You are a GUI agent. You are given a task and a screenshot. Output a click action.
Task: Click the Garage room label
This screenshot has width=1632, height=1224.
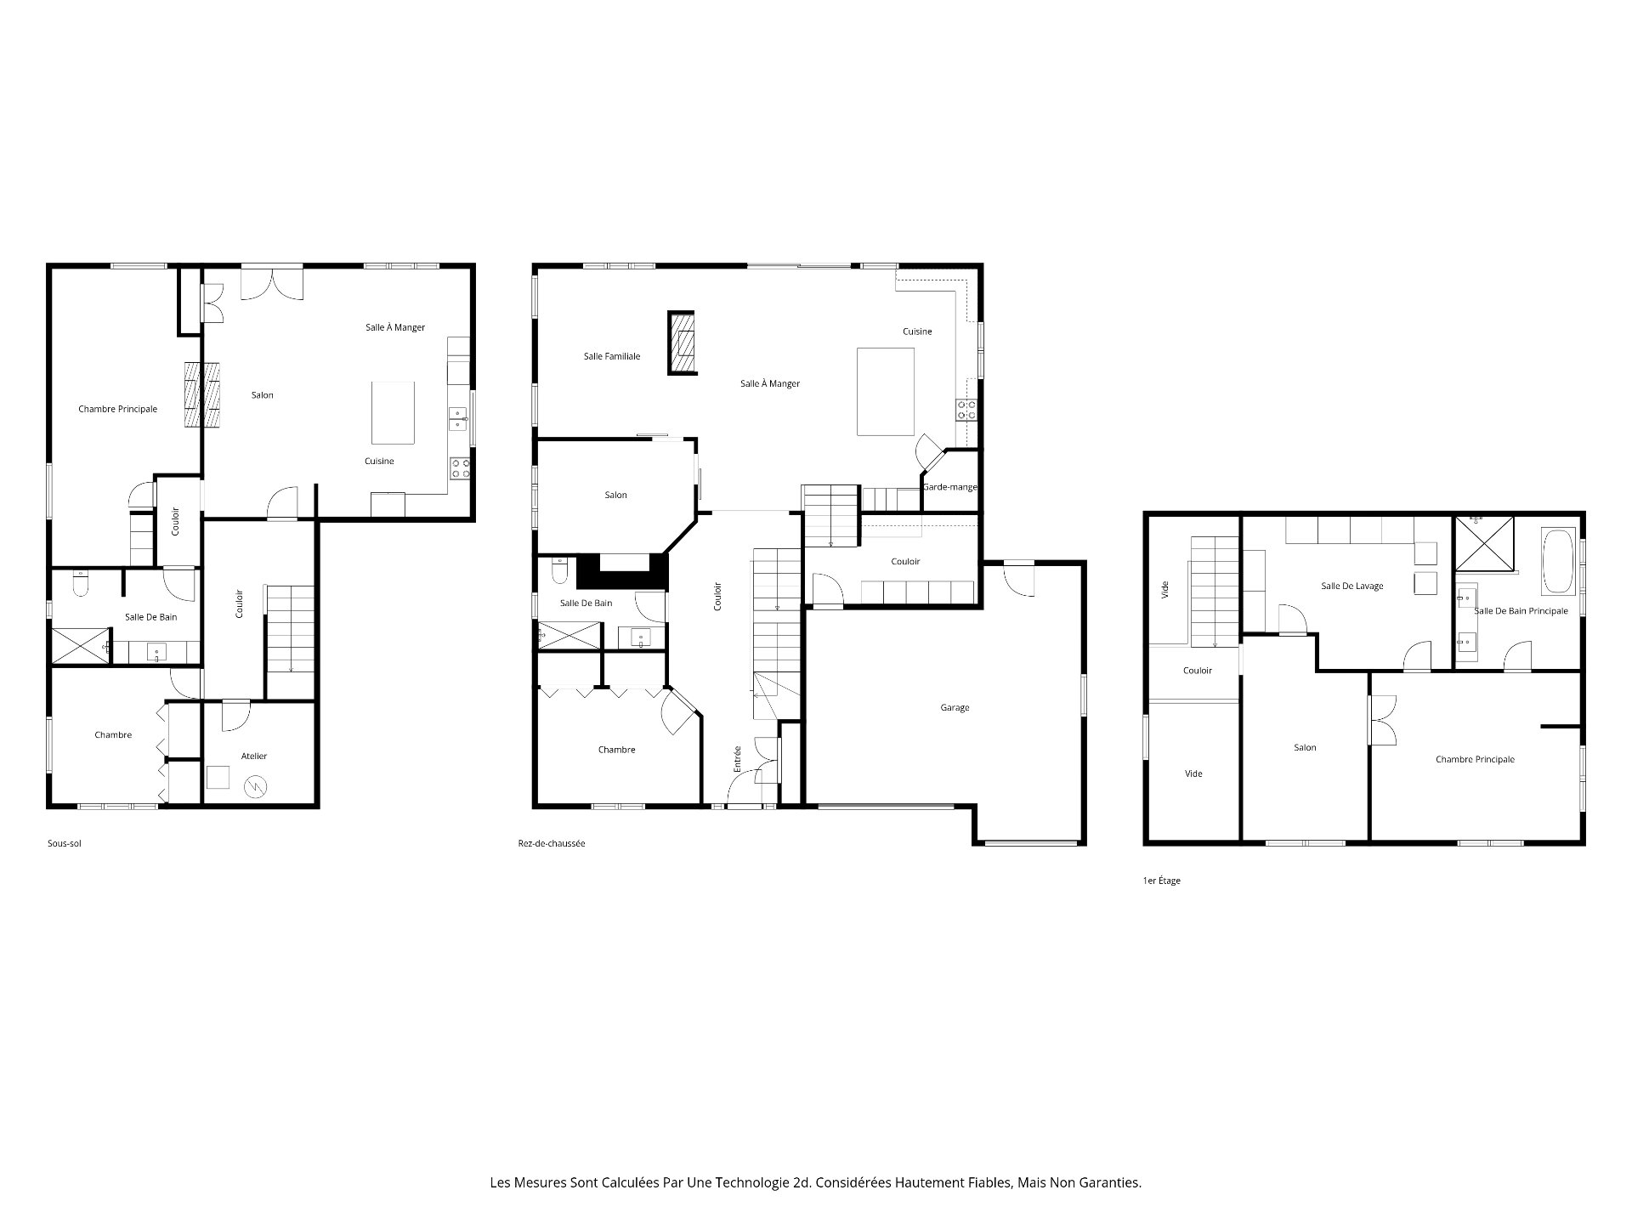coord(955,707)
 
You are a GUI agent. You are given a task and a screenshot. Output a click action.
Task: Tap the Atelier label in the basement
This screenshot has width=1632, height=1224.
coord(254,756)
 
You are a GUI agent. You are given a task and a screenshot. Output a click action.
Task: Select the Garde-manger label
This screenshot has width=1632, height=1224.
coord(950,487)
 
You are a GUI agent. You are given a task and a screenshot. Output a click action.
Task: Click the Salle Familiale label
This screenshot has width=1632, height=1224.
coord(612,356)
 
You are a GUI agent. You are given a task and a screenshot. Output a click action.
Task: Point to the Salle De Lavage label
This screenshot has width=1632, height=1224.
coord(1351,586)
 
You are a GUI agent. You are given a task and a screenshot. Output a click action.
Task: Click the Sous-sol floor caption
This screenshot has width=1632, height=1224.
coord(65,844)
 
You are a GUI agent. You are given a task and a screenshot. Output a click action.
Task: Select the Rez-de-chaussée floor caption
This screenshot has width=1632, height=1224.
coord(551,844)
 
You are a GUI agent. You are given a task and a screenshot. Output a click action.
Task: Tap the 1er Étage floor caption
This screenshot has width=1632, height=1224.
coord(1161,881)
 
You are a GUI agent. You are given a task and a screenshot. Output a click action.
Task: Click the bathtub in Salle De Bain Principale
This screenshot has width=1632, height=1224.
coord(1559,562)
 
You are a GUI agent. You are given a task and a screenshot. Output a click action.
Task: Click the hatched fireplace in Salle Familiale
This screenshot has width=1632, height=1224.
coord(683,343)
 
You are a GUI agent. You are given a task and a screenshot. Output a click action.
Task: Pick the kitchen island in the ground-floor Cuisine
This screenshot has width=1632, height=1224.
coord(885,391)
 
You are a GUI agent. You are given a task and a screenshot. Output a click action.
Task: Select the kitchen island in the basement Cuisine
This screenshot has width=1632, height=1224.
coord(393,412)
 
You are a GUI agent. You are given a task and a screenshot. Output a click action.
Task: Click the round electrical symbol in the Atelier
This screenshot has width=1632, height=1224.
coord(254,787)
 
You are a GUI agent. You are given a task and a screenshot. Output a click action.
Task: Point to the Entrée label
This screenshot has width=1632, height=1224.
coord(738,758)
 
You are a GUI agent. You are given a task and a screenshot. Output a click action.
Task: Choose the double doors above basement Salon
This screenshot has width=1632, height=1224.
coord(271,283)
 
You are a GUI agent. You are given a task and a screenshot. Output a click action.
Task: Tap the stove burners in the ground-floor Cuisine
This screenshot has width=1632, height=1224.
coord(966,410)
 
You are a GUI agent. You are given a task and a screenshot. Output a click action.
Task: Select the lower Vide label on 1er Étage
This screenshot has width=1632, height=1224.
coord(1193,773)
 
